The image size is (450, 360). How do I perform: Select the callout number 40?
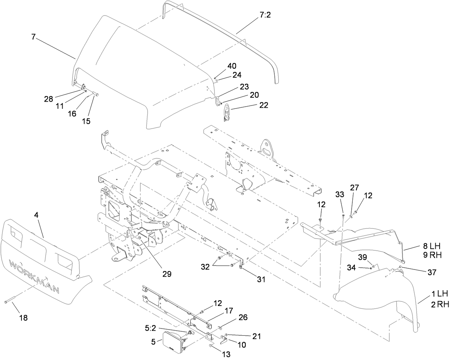tap(232, 66)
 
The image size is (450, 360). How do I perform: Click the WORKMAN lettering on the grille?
tap(34, 276)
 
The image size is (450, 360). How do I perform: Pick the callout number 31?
tap(261, 279)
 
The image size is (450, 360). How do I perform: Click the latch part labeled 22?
tap(227, 113)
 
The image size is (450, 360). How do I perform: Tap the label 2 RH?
tap(440, 304)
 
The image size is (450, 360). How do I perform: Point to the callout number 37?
tap(432, 272)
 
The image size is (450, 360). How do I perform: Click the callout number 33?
tap(340, 194)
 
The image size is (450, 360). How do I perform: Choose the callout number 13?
tap(226, 354)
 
